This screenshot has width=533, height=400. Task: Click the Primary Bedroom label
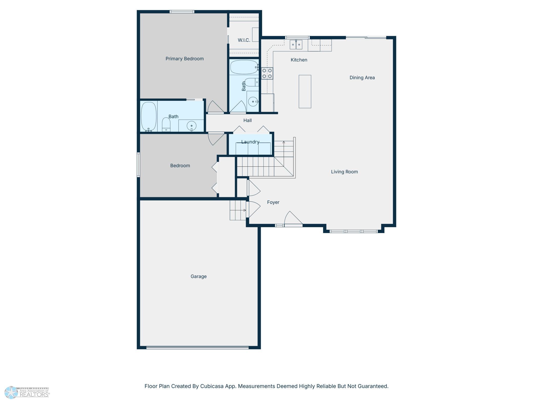tap(184, 59)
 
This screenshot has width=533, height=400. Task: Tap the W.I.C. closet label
tap(244, 40)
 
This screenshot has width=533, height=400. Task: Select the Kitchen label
tap(299, 60)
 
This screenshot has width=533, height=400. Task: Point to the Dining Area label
tap(362, 77)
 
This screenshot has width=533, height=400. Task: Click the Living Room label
tap(344, 172)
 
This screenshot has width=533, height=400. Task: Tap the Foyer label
tap(273, 202)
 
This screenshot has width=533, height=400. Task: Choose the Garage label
tap(199, 276)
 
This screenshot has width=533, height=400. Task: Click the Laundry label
tap(250, 142)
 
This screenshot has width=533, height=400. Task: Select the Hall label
tap(248, 120)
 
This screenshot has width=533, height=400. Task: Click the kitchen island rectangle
tap(305, 92)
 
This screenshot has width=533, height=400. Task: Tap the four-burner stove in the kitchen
tap(267, 73)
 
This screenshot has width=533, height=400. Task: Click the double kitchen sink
tap(296, 45)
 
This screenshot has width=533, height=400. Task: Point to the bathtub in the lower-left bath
tap(149, 117)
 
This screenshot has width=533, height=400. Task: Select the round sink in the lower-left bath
tap(191, 126)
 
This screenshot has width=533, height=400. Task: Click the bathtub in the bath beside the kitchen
tap(244, 67)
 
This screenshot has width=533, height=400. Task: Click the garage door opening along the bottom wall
tap(197, 348)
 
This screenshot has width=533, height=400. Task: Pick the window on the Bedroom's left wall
tap(138, 165)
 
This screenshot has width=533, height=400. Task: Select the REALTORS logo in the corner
tap(27, 392)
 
